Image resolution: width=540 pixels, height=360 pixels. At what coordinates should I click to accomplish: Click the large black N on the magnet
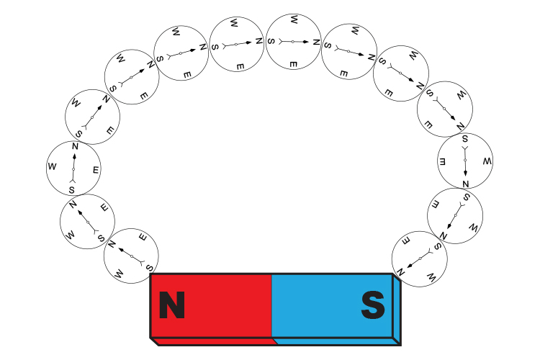pyautogui.click(x=172, y=305)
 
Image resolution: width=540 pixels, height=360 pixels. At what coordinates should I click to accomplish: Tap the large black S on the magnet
pyautogui.click(x=373, y=305)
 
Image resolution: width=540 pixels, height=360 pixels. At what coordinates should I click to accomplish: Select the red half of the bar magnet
pyautogui.click(x=212, y=305)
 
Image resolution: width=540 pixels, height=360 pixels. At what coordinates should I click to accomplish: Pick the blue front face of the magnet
pyautogui.click(x=332, y=305)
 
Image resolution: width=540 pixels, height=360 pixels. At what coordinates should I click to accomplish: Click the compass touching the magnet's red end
pyautogui.click(x=131, y=256)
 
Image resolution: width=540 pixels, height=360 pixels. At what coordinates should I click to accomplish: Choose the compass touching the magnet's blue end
pyautogui.click(x=420, y=258)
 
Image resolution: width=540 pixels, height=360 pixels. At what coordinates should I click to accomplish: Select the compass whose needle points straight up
pyautogui.click(x=73, y=168)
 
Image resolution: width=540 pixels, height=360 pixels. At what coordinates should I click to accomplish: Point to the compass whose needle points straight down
pyautogui.click(x=465, y=161)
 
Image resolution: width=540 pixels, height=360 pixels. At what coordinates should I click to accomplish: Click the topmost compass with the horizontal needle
pyautogui.click(x=294, y=42)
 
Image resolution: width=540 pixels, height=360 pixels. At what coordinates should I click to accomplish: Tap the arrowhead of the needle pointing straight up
pyautogui.click(x=74, y=156)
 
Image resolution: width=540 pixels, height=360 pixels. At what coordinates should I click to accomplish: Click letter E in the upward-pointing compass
pyautogui.click(x=96, y=170)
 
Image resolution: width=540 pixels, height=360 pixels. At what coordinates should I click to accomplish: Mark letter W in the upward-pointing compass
pyautogui.click(x=52, y=167)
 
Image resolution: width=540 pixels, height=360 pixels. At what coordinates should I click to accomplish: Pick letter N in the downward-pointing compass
pyautogui.click(x=466, y=184)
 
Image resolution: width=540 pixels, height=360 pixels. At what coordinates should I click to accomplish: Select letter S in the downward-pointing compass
pyautogui.click(x=465, y=139)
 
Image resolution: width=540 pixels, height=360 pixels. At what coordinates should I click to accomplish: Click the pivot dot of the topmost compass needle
pyautogui.click(x=293, y=42)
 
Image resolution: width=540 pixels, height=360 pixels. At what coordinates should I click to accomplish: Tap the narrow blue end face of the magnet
pyautogui.click(x=397, y=310)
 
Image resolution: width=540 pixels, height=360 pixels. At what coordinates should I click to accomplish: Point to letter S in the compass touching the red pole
pyautogui.click(x=150, y=268)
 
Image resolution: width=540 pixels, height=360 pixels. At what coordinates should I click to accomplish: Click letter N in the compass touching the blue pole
pyautogui.click(x=400, y=272)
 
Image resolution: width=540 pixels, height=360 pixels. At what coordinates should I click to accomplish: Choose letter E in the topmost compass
pyautogui.click(x=293, y=64)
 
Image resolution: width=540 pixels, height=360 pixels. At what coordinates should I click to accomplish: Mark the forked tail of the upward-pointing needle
pyautogui.click(x=73, y=180)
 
